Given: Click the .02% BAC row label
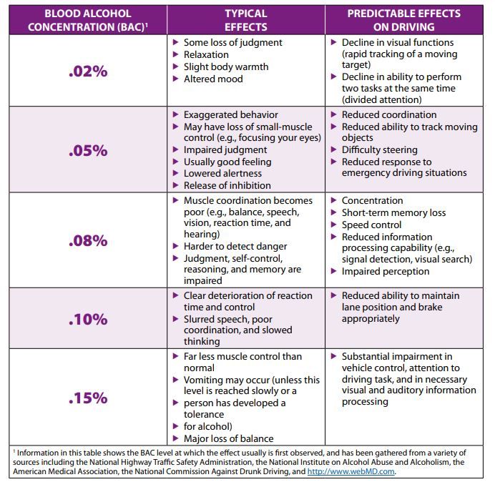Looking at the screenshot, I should [x=88, y=72].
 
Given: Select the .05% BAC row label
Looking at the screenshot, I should [x=88, y=151].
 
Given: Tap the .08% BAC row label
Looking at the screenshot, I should [x=88, y=241].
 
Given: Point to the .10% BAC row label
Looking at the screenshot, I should [x=88, y=320].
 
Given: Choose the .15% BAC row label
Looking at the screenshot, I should [x=88, y=398].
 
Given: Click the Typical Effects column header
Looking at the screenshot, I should [x=245, y=20].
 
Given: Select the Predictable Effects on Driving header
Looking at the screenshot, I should [x=403, y=20].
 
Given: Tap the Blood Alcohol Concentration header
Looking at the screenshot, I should [x=87, y=20].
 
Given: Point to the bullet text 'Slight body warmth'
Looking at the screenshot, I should [x=226, y=67].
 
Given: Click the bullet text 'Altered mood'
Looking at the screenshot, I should [x=213, y=79].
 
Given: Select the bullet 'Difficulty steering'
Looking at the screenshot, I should [x=379, y=150].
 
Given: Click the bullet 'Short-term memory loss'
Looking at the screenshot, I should [x=393, y=212].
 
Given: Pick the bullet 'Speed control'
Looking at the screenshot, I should [x=371, y=225].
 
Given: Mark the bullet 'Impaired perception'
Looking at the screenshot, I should [x=386, y=271].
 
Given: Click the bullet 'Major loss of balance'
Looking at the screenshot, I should [x=228, y=438].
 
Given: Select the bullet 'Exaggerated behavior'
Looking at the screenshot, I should [x=230, y=114].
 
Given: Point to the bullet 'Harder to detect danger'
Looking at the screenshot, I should [x=235, y=246].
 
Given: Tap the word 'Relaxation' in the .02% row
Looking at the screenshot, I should [x=207, y=54].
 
